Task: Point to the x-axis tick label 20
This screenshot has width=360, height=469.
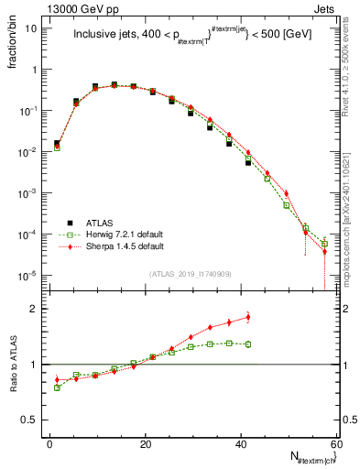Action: (x=145, y=443)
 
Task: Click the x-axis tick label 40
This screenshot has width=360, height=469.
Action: (x=240, y=443)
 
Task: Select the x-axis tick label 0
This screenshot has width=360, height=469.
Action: (x=50, y=443)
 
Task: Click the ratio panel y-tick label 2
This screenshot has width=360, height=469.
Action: (x=35, y=309)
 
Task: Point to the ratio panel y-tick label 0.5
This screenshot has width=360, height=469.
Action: (x=31, y=420)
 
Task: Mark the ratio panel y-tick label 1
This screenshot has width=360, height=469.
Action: (x=35, y=365)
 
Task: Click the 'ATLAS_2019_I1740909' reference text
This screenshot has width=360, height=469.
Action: (x=190, y=274)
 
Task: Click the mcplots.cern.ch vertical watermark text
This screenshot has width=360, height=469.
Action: (x=349, y=183)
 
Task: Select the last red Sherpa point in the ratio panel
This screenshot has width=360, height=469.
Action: (x=248, y=318)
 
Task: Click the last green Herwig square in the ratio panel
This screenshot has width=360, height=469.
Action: (x=248, y=344)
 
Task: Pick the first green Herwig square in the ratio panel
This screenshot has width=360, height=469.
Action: (x=57, y=387)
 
